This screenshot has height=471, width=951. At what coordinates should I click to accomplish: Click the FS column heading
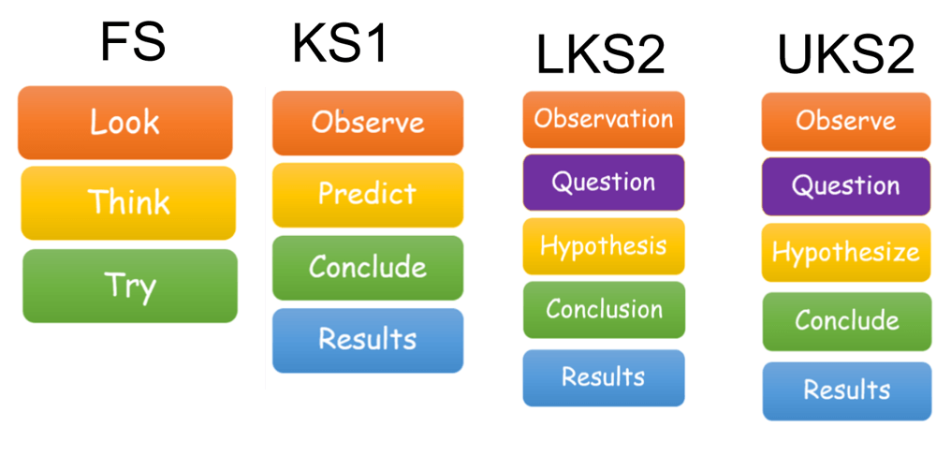coord(134,43)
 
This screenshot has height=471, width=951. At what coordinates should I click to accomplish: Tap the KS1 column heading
coord(340,44)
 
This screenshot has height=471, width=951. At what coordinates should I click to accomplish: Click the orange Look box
coord(124,123)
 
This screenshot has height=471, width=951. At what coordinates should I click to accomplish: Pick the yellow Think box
coord(128,202)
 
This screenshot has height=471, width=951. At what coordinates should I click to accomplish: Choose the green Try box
coord(130,286)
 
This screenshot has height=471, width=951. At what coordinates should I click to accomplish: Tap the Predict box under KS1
coord(368,195)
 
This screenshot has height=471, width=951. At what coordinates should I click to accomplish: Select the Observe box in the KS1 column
coord(368,124)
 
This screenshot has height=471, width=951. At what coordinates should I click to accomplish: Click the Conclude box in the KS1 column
coord(368,268)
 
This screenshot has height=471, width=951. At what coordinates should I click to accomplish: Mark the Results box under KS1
coord(368,341)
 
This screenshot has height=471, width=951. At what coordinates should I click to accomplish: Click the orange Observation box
coord(604,120)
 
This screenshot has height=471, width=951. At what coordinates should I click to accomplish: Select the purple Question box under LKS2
coord(604,183)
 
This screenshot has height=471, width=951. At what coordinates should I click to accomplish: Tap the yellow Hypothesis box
coord(604,246)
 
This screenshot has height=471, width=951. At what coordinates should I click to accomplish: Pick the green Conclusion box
coord(604,310)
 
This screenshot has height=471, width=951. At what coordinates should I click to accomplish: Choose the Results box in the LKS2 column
coord(604,378)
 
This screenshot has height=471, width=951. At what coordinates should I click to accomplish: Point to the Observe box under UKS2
coord(846,122)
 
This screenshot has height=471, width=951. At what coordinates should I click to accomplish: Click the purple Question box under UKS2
coord(846,186)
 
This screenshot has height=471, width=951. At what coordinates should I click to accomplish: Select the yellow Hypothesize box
coord(846,253)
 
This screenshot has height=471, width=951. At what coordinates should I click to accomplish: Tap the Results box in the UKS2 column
coord(847,391)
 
